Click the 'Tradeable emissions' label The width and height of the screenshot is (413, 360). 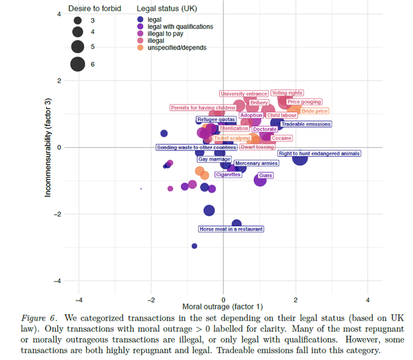[306, 125]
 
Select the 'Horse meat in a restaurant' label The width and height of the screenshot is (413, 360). [230, 229]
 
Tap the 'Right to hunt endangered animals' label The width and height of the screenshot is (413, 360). [319, 154]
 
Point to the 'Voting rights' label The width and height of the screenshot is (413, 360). [287, 94]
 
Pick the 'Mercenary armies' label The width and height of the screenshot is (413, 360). [256, 164]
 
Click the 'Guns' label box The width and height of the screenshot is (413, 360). [265, 175]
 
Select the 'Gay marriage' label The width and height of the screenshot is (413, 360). [214, 159]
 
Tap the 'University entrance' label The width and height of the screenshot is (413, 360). [243, 94]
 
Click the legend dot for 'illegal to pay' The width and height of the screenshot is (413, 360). [141, 34]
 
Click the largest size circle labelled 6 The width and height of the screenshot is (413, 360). [78, 63]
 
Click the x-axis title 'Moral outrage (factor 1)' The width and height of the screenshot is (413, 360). [223, 305]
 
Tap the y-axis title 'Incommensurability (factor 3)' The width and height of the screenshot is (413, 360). [48, 147]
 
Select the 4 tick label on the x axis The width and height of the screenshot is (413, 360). [368, 299]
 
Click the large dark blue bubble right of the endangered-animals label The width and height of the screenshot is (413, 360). [300, 157]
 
